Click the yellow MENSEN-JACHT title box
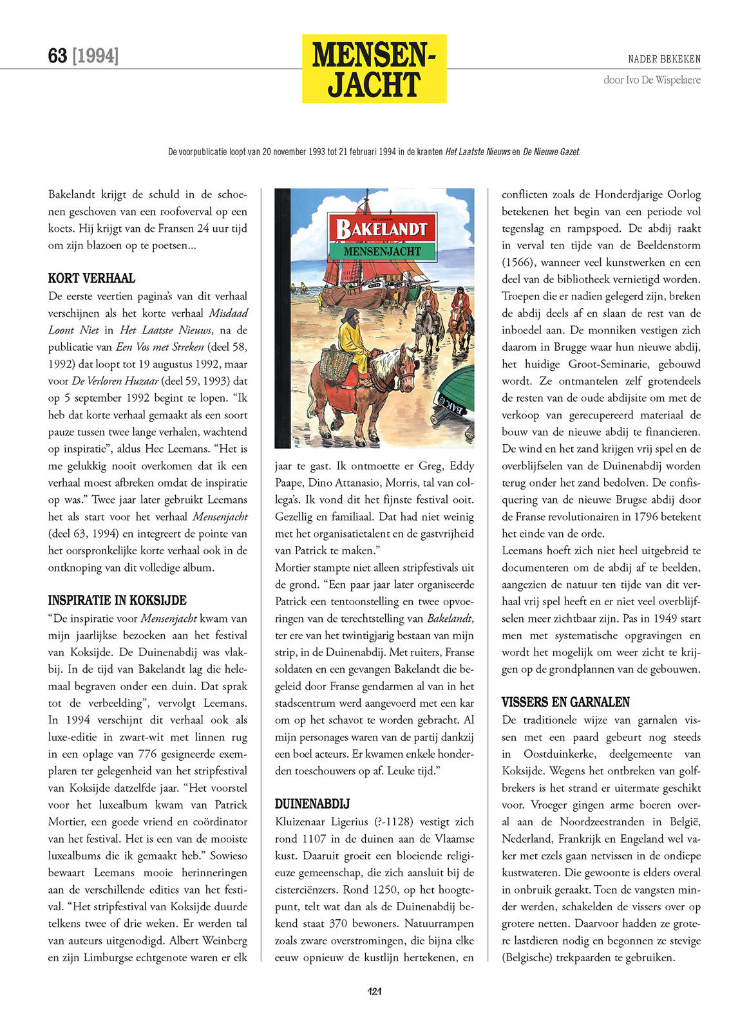point(374,68)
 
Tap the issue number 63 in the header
point(57,56)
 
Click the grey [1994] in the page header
point(95,56)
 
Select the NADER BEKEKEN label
point(664,59)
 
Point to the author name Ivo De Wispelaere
point(652,80)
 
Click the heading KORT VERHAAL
point(91,278)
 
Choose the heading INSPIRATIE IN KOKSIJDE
point(117,600)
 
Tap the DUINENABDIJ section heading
point(312,803)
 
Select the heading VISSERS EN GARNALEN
point(565,702)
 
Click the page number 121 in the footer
point(374,991)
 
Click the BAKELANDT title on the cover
point(381,228)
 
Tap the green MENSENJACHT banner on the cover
point(382,251)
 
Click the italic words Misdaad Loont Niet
point(148,321)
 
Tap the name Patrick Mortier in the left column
point(147,813)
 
